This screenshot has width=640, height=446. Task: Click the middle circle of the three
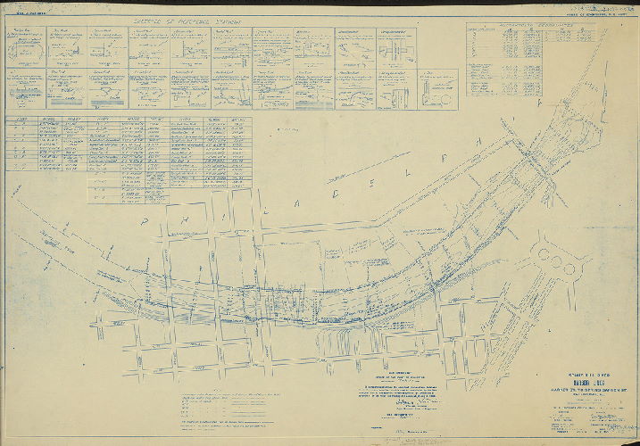[x=558, y=265]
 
